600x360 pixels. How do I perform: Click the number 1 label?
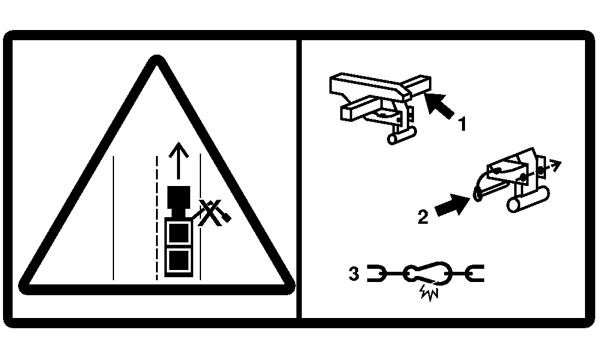click(462, 124)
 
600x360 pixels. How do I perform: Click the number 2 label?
click(423, 217)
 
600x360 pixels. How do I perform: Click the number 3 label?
click(354, 274)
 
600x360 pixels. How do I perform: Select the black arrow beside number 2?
click(453, 205)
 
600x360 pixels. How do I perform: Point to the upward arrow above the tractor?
click(178, 160)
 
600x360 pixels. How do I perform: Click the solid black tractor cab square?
click(179, 197)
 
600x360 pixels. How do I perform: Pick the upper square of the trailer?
click(179, 233)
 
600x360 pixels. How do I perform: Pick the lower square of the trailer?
click(179, 260)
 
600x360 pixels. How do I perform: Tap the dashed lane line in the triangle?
click(157, 218)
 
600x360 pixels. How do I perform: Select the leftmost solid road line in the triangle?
click(113, 218)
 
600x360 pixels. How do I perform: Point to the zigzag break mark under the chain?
click(428, 293)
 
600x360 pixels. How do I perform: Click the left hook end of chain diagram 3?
click(377, 273)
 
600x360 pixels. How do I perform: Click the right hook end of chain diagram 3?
click(475, 273)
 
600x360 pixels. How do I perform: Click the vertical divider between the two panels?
click(299, 179)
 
